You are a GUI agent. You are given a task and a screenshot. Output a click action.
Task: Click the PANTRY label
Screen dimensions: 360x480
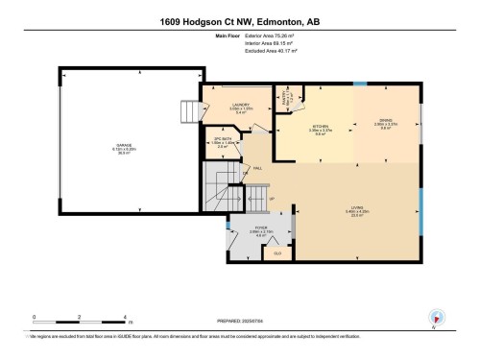pos(285,96)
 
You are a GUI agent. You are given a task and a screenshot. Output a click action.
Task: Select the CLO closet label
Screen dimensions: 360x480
pos(277,253)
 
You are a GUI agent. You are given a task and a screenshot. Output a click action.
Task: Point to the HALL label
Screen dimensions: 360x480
pos(257,168)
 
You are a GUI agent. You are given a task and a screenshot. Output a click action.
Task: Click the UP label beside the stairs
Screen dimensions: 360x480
pos(271,200)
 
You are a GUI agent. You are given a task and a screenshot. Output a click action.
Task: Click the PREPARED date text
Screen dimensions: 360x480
pos(239,320)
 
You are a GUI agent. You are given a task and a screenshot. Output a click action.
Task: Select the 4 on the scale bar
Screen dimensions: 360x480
pos(126,315)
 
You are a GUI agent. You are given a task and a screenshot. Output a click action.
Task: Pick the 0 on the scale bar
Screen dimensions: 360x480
pos(34,315)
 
